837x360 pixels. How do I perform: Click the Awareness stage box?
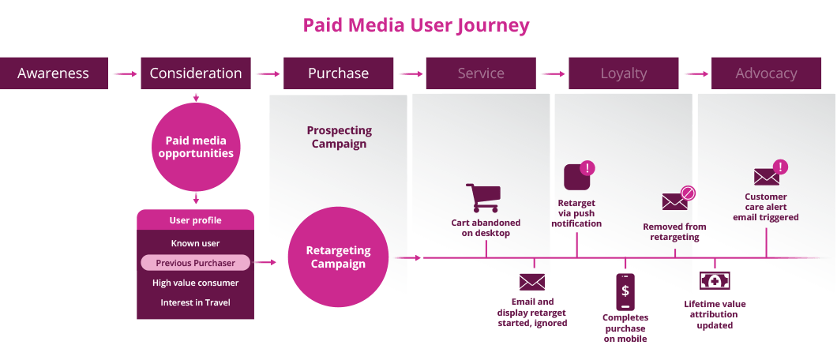tap(54, 73)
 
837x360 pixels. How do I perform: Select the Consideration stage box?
tap(196, 73)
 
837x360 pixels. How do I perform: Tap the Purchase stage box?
tap(338, 73)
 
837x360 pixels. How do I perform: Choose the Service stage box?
tap(481, 73)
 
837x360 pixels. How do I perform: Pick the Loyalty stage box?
tap(623, 73)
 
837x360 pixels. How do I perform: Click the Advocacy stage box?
tap(766, 73)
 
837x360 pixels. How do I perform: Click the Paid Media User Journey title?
tap(416, 25)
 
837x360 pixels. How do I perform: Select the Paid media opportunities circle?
tap(196, 147)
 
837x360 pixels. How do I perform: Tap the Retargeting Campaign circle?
tap(338, 257)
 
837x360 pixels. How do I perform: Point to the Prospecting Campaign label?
tap(339, 137)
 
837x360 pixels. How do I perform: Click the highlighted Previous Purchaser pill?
tap(195, 263)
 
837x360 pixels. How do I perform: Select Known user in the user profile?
tap(195, 243)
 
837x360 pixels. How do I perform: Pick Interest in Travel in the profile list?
tap(195, 302)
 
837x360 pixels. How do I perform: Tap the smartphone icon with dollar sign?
tap(625, 291)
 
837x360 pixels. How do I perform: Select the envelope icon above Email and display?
tap(532, 282)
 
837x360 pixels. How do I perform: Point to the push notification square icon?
tap(578, 178)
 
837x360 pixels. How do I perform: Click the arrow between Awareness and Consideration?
tap(124, 74)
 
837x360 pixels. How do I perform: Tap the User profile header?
tap(195, 220)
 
